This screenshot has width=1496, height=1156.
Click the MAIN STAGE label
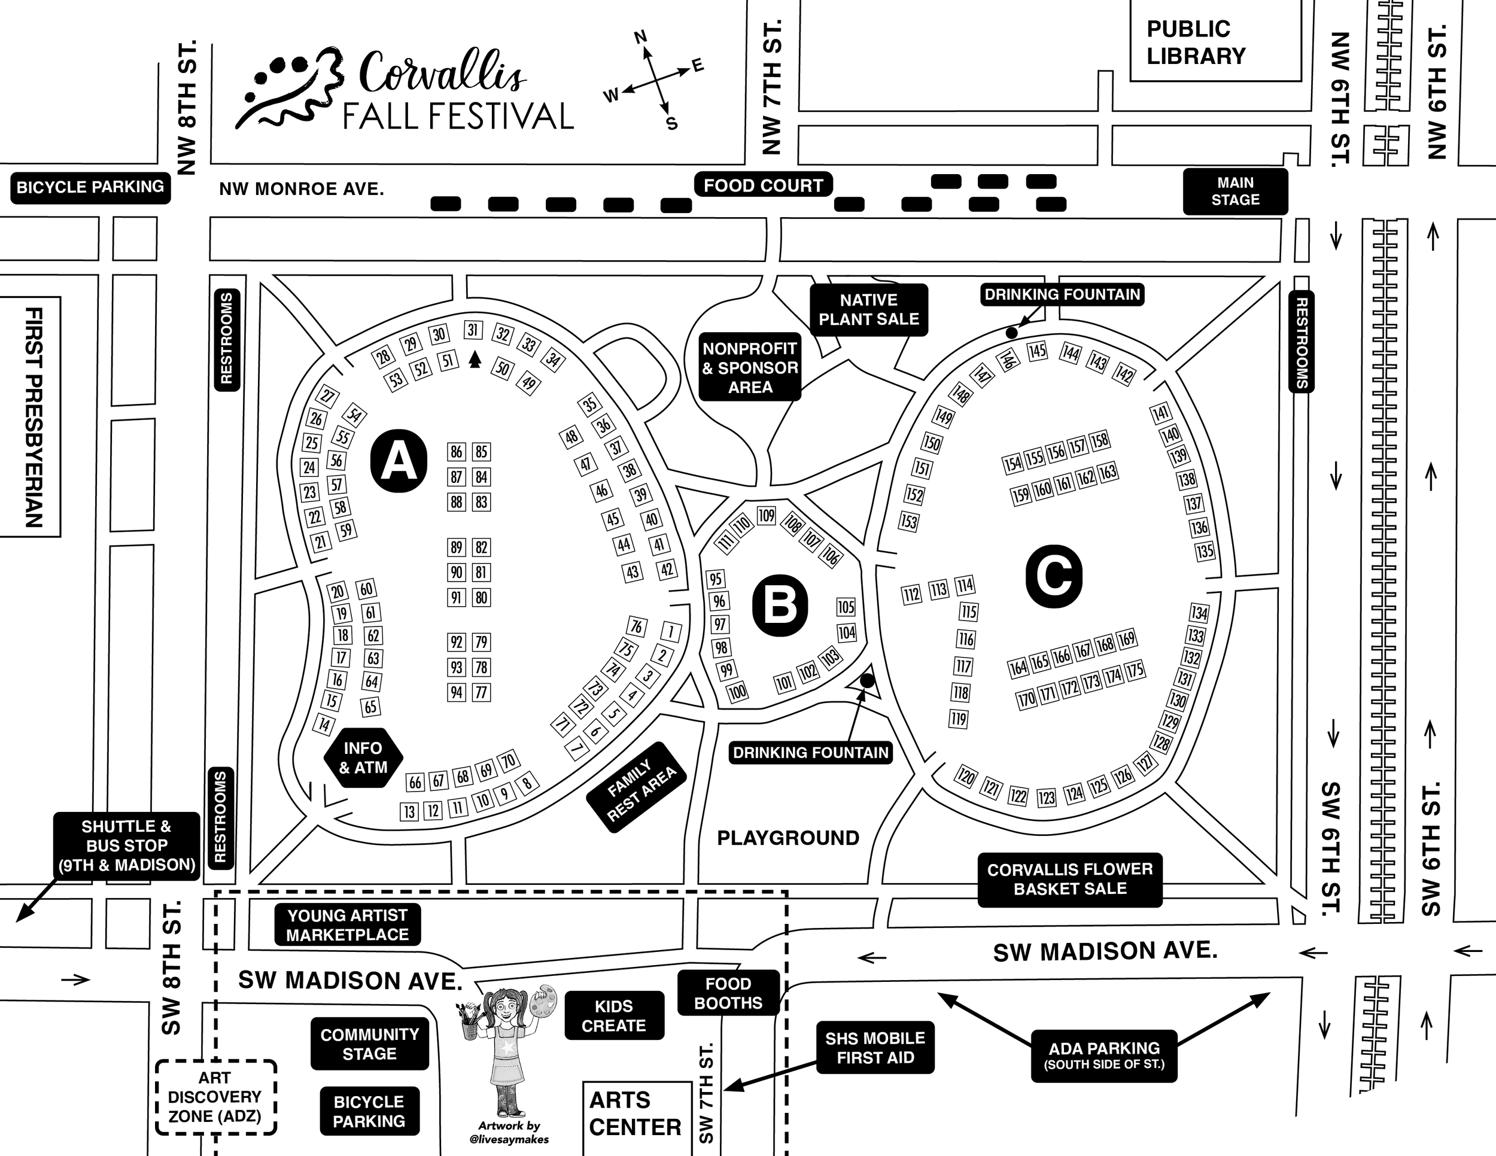(x=1235, y=191)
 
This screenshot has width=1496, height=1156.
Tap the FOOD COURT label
(x=763, y=185)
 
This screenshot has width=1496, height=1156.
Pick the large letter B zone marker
(x=780, y=606)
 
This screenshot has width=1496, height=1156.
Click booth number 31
(x=473, y=330)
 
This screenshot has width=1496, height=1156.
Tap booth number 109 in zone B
(x=766, y=516)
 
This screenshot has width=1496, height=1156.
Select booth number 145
(x=1037, y=351)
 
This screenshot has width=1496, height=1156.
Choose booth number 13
(x=409, y=811)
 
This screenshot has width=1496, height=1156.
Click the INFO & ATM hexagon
(x=363, y=758)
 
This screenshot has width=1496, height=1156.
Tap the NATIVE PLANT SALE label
(x=868, y=310)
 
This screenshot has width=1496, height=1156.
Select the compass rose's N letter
(x=640, y=37)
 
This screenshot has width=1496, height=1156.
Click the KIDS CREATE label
(x=614, y=1015)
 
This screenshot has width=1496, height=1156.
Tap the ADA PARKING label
(x=1104, y=1055)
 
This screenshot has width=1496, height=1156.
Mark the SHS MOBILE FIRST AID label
(x=875, y=1048)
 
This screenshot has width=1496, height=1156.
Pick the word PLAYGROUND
(x=787, y=838)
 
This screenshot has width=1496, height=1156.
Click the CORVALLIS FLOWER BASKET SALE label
(x=1070, y=880)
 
